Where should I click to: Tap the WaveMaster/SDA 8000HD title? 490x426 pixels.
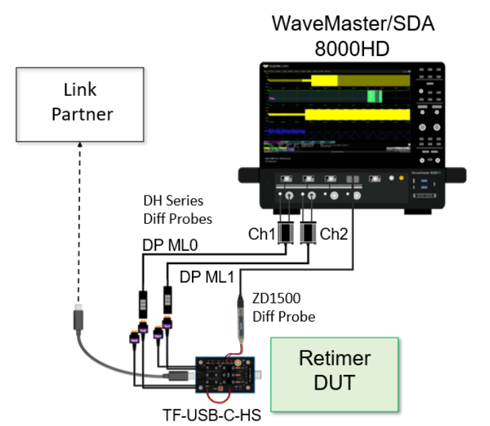pyautogui.click(x=353, y=36)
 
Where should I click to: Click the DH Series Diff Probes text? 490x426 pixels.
pyautogui.click(x=173, y=210)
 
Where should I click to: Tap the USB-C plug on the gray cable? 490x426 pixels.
pyautogui.click(x=79, y=316)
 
